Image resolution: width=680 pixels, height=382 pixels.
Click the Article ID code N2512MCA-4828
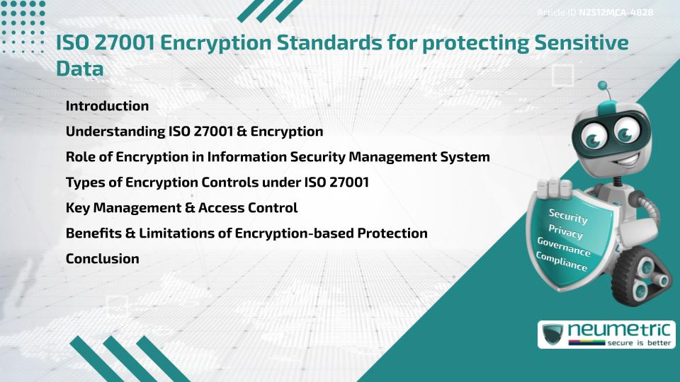(616, 13)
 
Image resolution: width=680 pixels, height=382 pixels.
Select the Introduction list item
(107, 106)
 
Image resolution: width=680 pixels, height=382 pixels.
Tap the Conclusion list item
(102, 259)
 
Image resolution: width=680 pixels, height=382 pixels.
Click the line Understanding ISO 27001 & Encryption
(194, 132)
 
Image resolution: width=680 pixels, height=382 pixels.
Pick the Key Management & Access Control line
(181, 208)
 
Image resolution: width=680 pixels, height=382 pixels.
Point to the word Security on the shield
(568, 216)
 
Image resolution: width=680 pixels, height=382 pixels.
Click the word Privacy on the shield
(565, 232)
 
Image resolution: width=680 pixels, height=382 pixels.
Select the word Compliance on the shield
(562, 262)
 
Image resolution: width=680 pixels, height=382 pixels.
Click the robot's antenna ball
(603, 86)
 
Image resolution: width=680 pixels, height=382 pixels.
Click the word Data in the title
(79, 69)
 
